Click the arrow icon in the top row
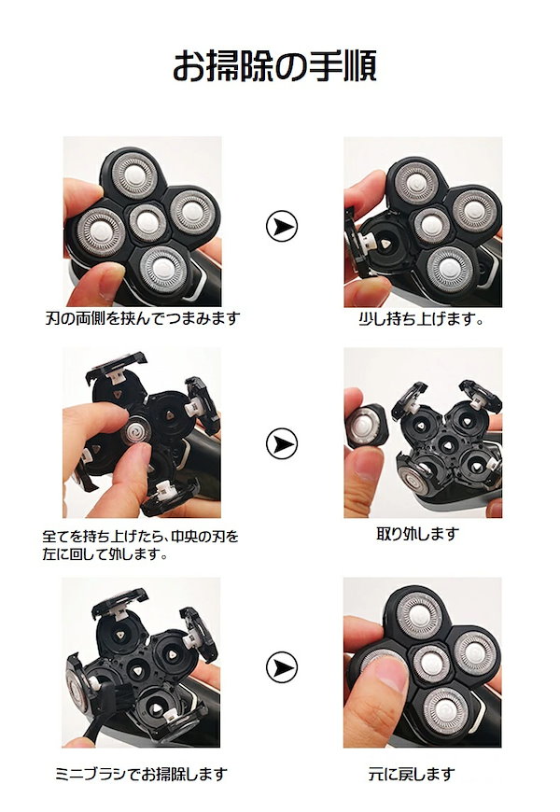280,226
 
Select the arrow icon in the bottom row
280,666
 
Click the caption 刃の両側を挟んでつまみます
142,318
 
